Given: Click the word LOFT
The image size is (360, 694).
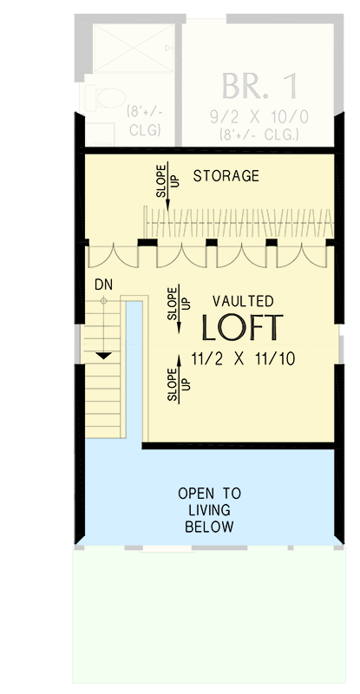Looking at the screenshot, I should pos(242,327).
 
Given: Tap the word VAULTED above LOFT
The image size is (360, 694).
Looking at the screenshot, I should pos(243,301).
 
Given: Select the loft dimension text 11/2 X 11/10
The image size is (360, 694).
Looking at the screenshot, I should pos(244,357).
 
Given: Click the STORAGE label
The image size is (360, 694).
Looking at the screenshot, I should pos(226,176).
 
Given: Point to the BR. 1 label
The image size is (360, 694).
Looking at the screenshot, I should pos(259,87).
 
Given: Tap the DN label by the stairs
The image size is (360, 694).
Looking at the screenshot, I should pos(102,284).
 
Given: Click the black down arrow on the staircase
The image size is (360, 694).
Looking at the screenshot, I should pos(104,354).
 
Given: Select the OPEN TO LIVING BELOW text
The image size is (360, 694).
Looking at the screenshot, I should pos(209,509).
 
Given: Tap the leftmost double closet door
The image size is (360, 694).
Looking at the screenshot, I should pos(112,257).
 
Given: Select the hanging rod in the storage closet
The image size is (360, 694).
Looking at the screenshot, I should pos(239,223).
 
